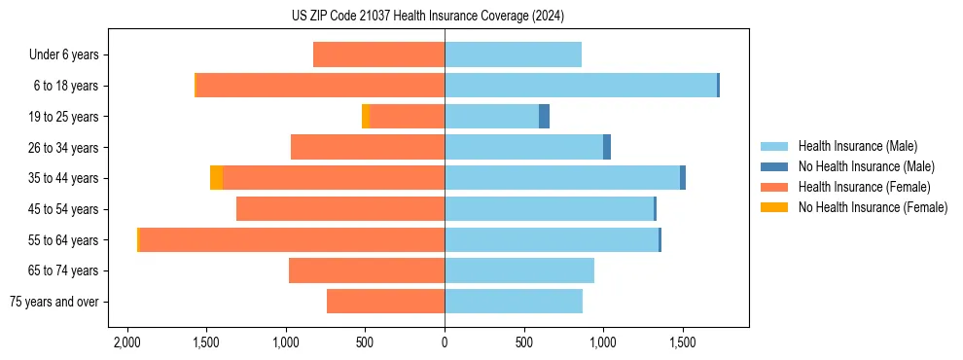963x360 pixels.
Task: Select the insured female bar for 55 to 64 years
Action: [x=292, y=239]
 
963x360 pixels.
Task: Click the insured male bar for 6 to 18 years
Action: [x=581, y=86]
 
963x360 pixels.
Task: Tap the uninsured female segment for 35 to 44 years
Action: [x=216, y=177]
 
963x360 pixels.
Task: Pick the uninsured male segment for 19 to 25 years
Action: [x=544, y=116]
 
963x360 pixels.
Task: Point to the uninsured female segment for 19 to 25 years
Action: [x=366, y=116]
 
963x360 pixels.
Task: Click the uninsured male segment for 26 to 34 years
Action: [x=607, y=147]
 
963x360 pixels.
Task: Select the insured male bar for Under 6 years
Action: [x=513, y=54]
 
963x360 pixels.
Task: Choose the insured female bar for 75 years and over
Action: [x=385, y=302]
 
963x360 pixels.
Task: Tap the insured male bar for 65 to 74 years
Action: [x=519, y=270]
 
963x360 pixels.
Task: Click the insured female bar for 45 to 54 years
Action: [x=340, y=208]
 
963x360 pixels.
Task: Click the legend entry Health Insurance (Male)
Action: [x=857, y=146]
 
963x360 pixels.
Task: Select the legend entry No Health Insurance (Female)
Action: [x=873, y=207]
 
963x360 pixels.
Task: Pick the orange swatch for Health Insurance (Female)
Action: [x=774, y=187]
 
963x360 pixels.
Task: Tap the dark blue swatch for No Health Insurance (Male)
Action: [x=774, y=166]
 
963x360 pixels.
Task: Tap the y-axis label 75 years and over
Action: [x=54, y=302]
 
